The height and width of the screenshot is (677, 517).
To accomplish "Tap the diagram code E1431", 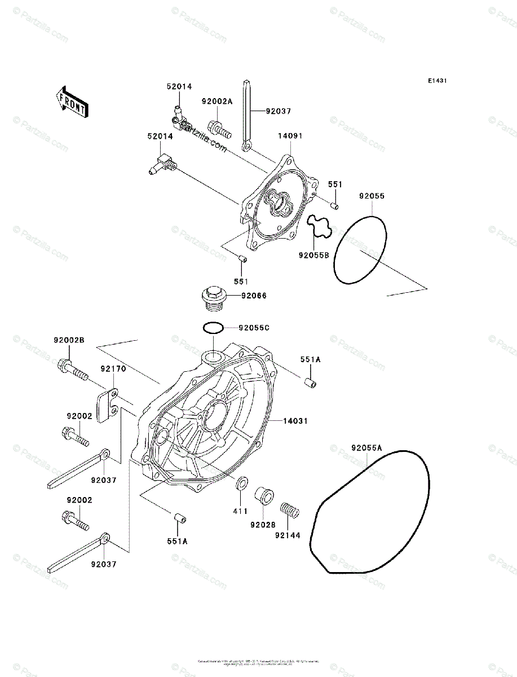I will click(x=437, y=81).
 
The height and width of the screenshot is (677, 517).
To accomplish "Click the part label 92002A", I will click(x=217, y=102).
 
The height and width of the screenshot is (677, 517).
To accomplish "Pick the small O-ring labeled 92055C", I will click(x=213, y=327).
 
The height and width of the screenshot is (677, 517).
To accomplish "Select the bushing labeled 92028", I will click(x=264, y=496).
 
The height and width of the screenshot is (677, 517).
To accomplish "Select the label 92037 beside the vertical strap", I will click(x=279, y=111).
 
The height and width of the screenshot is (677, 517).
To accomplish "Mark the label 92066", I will click(x=254, y=296).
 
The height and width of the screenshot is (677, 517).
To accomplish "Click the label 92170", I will click(x=113, y=369).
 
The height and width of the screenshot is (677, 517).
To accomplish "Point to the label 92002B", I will click(x=69, y=340).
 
